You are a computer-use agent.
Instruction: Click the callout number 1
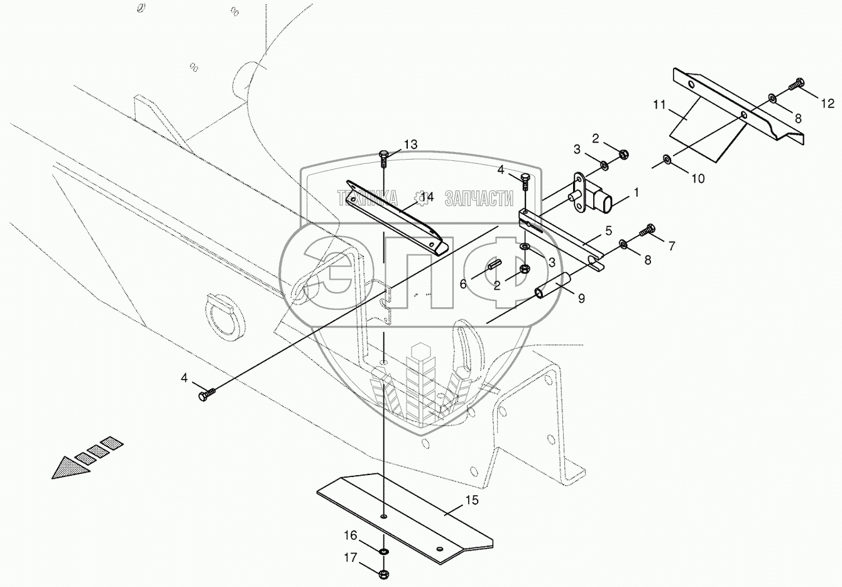636,193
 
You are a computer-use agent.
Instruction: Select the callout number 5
608,231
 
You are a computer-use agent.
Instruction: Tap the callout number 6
463,284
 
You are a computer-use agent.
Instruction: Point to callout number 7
671,246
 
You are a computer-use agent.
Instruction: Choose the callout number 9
581,299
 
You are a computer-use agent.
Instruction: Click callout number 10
697,178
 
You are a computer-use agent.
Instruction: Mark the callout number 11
659,105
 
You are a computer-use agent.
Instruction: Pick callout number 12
827,103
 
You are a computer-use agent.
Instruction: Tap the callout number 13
410,145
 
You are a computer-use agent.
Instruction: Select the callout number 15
472,500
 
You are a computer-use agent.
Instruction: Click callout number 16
350,535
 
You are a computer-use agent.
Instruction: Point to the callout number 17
350,556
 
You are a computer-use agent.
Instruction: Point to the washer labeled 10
667,160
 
